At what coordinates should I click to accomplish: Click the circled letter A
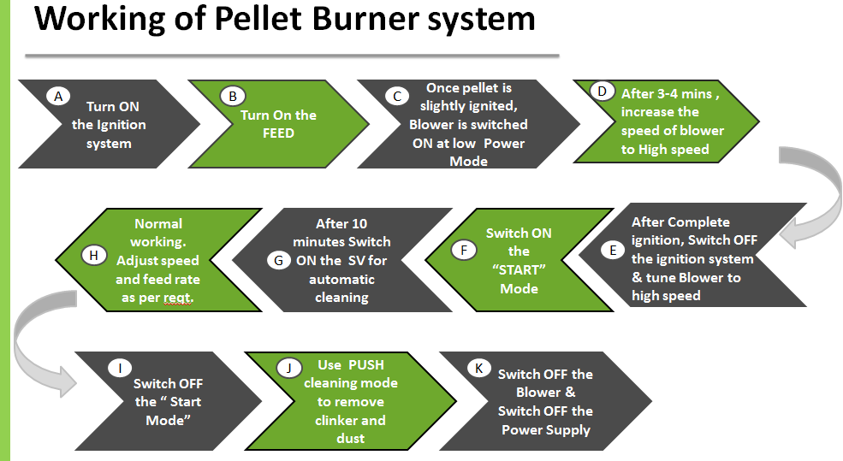(58, 96)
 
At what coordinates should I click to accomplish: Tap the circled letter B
(233, 96)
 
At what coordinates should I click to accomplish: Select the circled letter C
(397, 96)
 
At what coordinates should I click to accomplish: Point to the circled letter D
(603, 92)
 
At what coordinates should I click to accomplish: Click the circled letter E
(613, 250)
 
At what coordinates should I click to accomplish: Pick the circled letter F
(463, 250)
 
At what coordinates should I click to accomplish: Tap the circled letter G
(278, 261)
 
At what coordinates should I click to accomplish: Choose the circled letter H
(93, 255)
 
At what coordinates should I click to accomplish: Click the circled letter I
(120, 368)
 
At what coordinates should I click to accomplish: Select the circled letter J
(288, 368)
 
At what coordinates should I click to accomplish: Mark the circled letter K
(478, 368)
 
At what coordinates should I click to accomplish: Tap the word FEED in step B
(278, 133)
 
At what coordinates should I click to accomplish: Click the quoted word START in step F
(519, 269)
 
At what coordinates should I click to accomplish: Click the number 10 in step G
(359, 223)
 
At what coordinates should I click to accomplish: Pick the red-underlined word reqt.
(178, 298)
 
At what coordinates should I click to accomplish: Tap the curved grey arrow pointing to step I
(21, 344)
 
